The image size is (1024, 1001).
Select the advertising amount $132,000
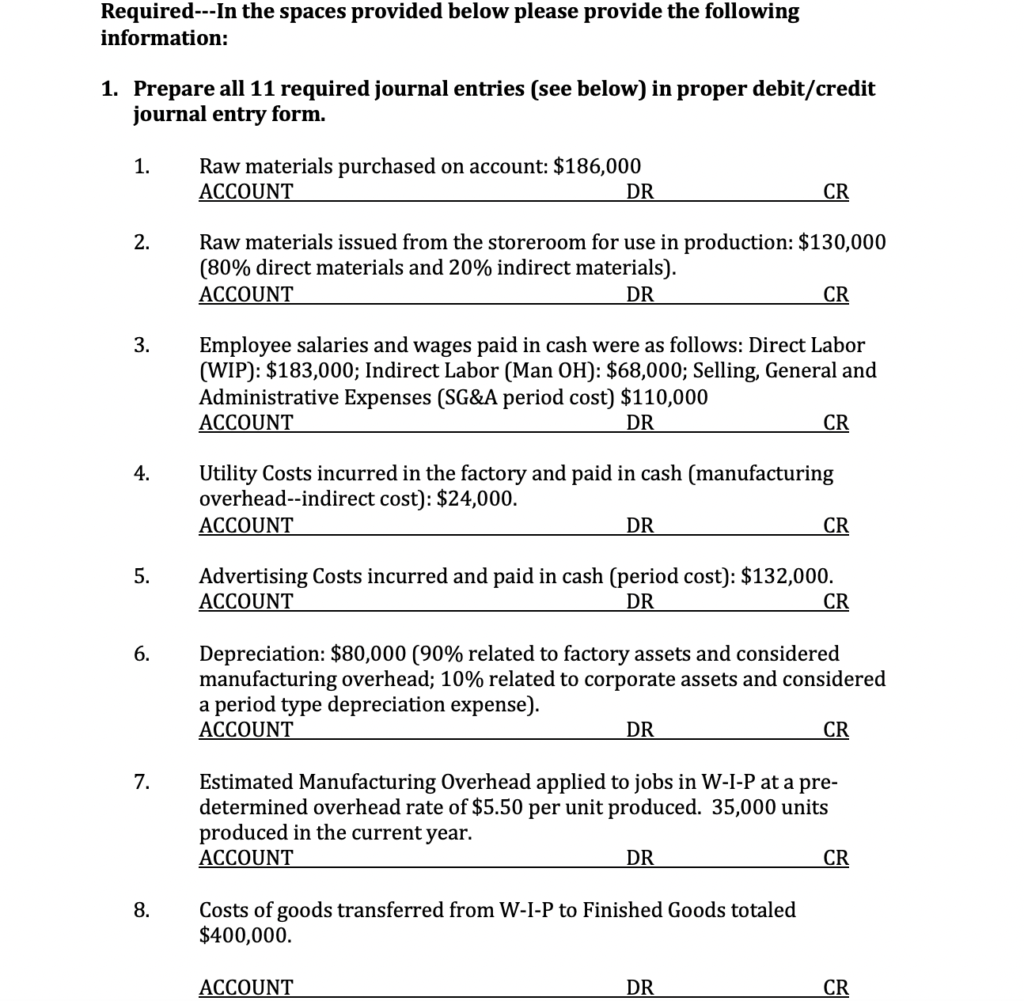coord(786,575)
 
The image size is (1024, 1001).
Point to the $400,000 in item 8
coord(245,935)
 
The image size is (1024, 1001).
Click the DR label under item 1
coord(639,191)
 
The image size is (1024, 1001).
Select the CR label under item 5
coord(836,601)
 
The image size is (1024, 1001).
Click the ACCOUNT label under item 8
coord(245,987)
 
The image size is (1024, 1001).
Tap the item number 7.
coord(141,783)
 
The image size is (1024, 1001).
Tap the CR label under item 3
coord(836,423)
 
